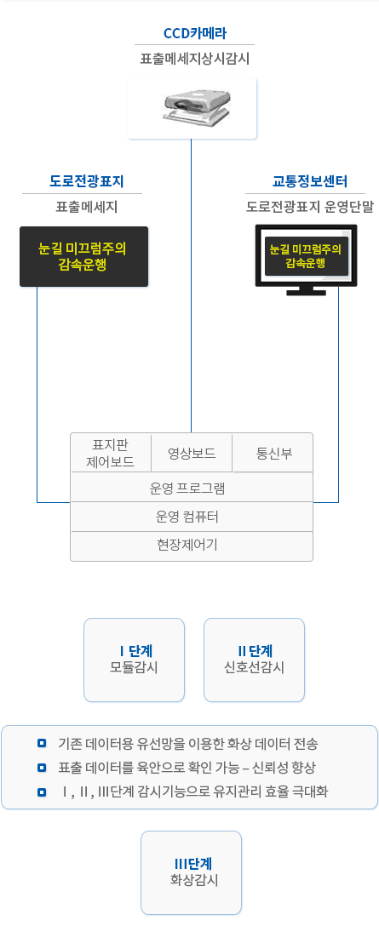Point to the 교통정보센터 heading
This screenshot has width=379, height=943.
click(309, 181)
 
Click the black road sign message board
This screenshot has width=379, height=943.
click(83, 256)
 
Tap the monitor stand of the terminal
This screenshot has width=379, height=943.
click(306, 291)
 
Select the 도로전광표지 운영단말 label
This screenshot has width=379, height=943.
click(310, 208)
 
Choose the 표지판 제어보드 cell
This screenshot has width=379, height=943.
click(111, 453)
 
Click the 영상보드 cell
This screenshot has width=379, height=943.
click(192, 453)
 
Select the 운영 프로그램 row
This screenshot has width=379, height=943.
click(192, 487)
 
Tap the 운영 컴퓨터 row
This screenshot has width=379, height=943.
click(192, 517)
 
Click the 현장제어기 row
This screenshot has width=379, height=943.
click(192, 546)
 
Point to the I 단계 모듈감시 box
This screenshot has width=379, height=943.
click(135, 660)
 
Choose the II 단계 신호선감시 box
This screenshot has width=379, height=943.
click(254, 660)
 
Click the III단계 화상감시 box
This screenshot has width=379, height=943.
click(192, 872)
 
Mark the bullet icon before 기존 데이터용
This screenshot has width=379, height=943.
click(42, 743)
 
